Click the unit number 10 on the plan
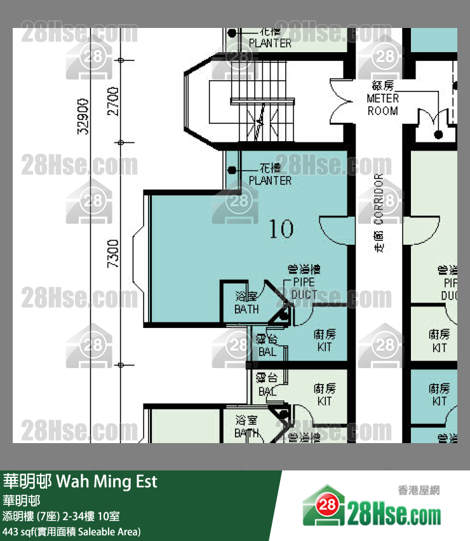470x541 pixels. coord(281,228)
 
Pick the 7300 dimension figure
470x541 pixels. coord(114,254)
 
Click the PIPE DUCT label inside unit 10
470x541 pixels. coord(304,289)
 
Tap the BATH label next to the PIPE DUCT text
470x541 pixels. coord(246,304)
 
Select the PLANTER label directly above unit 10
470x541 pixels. coord(270,175)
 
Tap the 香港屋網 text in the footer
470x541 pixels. coord(419,490)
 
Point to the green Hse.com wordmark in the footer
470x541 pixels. coord(394,513)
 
